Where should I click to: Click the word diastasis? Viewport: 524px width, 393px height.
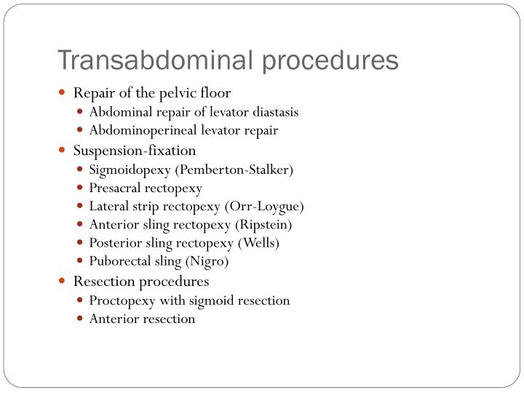coord(272,113)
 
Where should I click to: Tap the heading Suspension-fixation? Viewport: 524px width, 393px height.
coord(135,151)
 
